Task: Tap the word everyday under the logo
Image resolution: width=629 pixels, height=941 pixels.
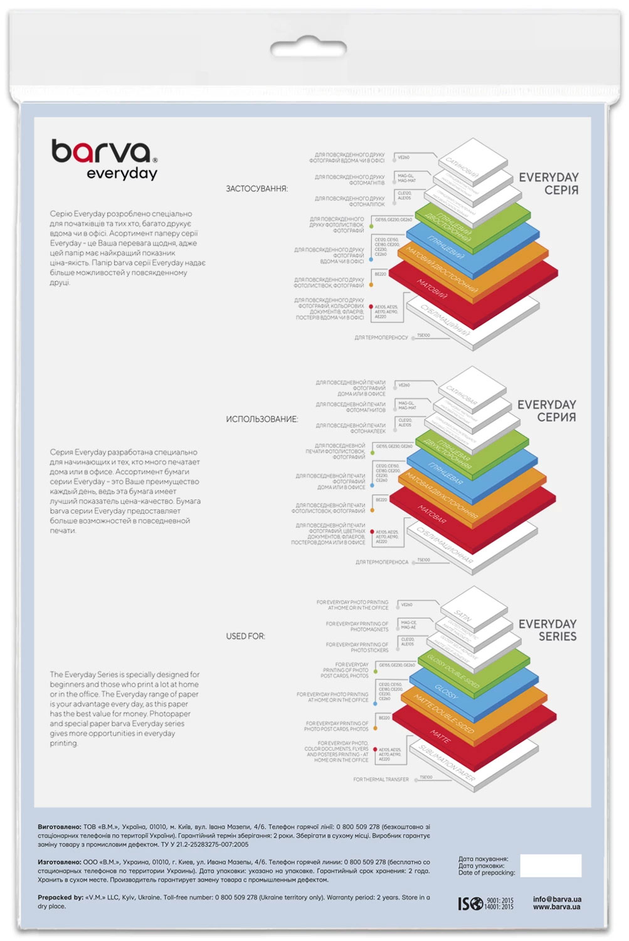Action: point(122,174)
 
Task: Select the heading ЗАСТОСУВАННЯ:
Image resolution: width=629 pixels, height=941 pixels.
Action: point(256,188)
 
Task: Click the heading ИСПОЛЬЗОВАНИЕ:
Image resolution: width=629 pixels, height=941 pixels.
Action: point(262,419)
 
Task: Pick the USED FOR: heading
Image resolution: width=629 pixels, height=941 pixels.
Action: point(245,636)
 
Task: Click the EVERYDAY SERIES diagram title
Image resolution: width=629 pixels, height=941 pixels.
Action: point(547,630)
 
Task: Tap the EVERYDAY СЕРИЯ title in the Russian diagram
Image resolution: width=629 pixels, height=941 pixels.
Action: point(547,411)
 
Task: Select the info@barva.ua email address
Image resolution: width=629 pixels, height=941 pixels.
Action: point(557,899)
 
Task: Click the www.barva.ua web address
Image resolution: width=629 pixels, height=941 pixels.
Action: point(557,907)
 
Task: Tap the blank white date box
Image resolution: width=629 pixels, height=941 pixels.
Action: point(550,866)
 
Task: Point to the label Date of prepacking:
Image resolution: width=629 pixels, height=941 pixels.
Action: point(487,873)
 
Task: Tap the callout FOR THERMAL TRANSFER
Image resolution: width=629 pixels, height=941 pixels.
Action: point(381,779)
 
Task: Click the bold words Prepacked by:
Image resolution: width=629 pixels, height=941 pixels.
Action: point(60,898)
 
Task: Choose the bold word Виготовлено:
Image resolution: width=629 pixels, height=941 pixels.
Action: point(59,827)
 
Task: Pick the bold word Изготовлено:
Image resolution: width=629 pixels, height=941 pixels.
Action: point(59,863)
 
